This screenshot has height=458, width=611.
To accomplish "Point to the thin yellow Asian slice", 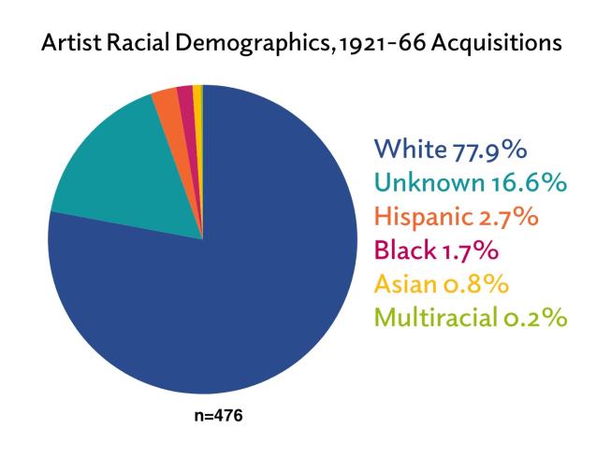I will [x=196, y=93].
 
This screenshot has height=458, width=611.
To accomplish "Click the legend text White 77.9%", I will [x=450, y=150].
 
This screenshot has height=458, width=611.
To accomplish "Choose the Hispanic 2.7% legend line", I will [x=456, y=218].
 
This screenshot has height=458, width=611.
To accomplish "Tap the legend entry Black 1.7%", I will [x=433, y=251].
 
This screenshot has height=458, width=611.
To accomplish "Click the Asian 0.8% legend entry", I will [x=438, y=284].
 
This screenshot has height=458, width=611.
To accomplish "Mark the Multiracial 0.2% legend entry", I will [x=471, y=318].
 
